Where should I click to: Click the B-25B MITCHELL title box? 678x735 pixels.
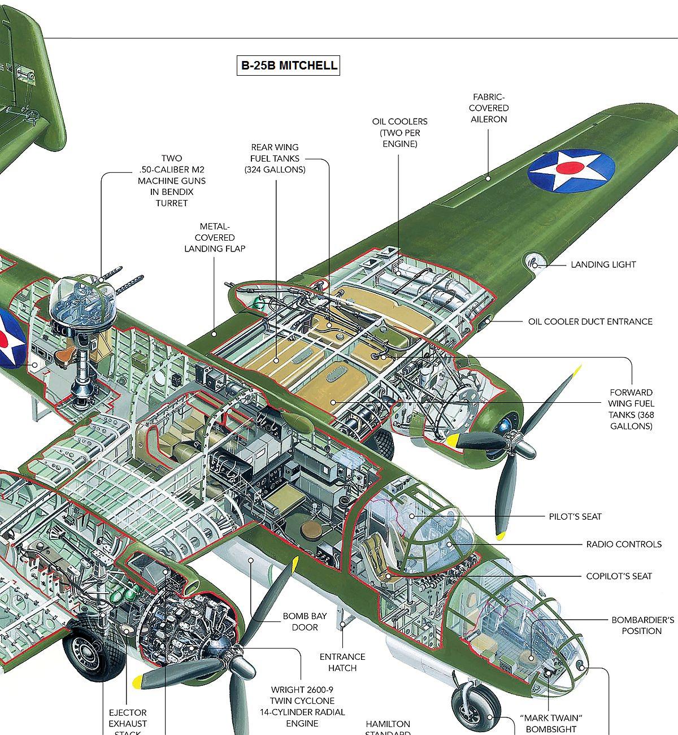[x=289, y=66]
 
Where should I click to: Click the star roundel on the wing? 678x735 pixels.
[x=571, y=169]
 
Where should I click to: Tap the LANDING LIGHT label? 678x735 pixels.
[x=603, y=264]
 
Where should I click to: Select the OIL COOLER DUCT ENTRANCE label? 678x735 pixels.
[x=590, y=321]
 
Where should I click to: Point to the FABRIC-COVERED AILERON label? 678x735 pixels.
[x=489, y=108]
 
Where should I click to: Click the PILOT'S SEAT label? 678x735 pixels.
[x=575, y=516]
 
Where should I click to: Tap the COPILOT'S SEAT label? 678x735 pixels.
[x=619, y=576]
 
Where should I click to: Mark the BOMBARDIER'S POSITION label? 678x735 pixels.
[x=642, y=625]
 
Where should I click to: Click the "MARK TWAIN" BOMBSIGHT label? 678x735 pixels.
[x=551, y=724]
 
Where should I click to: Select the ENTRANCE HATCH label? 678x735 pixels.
[x=342, y=662]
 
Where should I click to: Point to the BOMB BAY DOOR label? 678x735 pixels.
[x=305, y=621]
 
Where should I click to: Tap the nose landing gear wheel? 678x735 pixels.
[x=476, y=706]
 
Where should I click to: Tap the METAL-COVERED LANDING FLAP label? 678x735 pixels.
[x=215, y=237]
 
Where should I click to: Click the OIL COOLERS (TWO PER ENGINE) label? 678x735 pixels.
[x=399, y=133]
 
